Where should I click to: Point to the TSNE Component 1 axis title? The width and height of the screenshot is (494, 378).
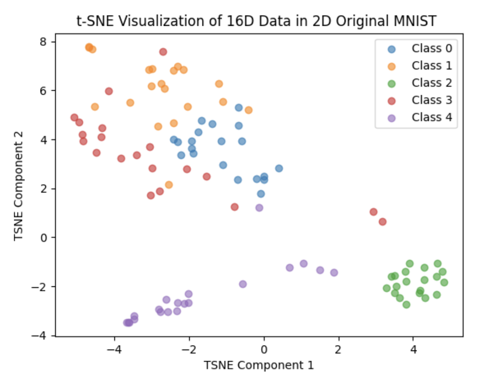(259, 365)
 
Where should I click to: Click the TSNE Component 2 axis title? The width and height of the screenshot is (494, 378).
(18, 185)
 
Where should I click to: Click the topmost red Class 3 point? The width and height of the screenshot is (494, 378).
(163, 52)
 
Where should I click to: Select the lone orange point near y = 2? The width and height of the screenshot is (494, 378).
(169, 185)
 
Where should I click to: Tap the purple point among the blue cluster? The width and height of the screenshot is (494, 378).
(259, 208)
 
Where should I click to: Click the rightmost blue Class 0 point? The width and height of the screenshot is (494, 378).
(279, 169)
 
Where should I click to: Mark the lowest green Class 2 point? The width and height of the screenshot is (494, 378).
(406, 305)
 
